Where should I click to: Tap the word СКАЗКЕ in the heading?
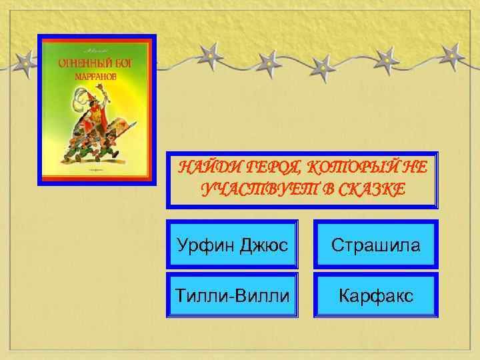[x=365, y=190]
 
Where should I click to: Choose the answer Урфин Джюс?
[x=233, y=245]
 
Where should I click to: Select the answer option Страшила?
[x=376, y=245]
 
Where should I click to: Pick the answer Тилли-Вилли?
[x=233, y=294]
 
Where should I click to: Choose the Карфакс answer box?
[x=376, y=294]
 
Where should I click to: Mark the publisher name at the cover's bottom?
[x=96, y=173]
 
